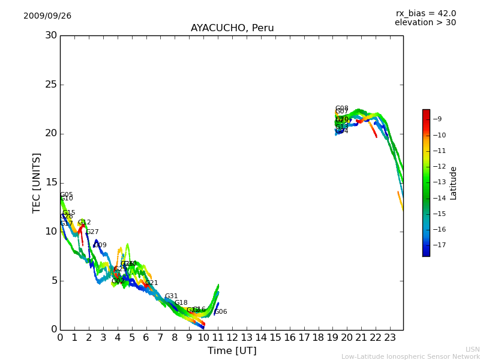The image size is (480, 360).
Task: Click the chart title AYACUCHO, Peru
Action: pos(232,28)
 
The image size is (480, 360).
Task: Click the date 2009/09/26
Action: pos(47,16)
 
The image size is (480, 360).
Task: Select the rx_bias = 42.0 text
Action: pos(425,14)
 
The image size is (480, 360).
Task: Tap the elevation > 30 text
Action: pos(425,23)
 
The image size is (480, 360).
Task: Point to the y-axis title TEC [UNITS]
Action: pos(37,182)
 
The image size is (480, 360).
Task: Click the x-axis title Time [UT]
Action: pos(232,351)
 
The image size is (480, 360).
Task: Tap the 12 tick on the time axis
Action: pos(232,337)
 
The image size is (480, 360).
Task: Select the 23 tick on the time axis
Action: pos(390,337)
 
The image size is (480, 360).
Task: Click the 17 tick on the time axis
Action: pos(304,337)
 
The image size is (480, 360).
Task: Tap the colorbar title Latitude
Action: pos(454,183)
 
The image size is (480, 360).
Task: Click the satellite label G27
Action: pos(92,232)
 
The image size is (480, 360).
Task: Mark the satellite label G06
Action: pos(221,312)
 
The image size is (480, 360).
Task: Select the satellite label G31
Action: pos(172,296)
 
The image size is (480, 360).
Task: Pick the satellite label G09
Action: pos(100,245)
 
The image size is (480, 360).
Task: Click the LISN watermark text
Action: pos(472,349)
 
